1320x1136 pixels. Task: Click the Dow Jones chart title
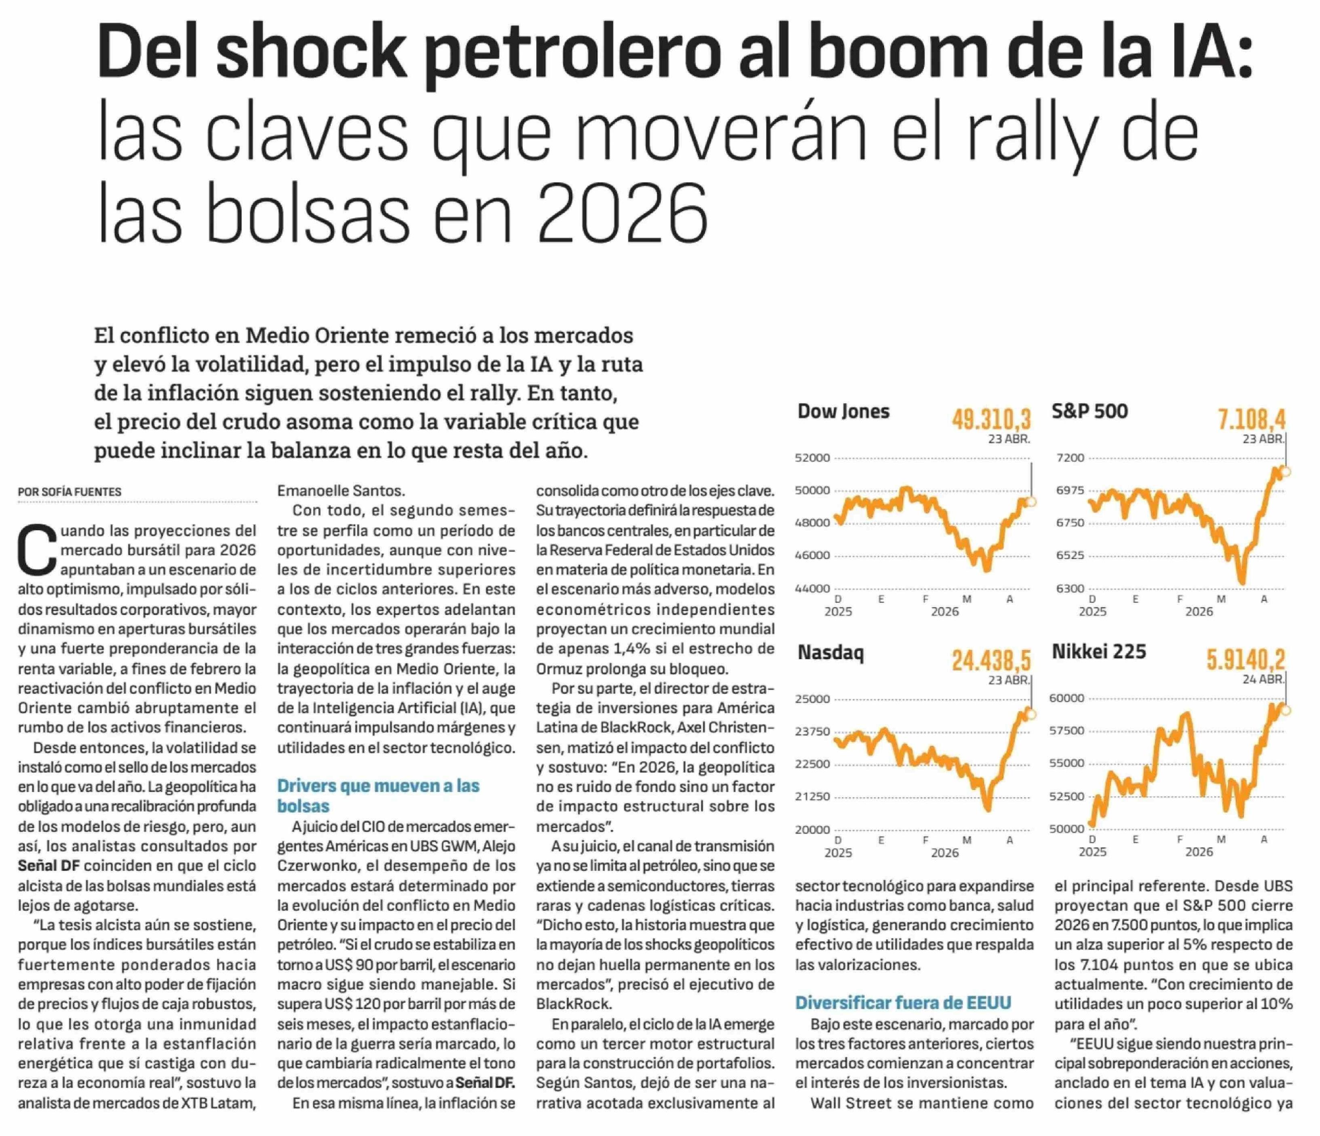coord(843,412)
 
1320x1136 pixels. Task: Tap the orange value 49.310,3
coord(991,420)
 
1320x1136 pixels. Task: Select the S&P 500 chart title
coord(1089,412)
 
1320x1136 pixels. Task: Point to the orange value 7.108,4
coord(1251,420)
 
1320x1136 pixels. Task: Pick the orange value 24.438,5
coord(991,661)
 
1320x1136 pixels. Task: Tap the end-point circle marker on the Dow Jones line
coord(1031,502)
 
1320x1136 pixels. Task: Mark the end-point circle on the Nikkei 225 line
coord(1285,710)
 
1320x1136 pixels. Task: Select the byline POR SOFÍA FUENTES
coord(69,492)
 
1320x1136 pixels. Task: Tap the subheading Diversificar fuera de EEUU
coord(903,1003)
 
